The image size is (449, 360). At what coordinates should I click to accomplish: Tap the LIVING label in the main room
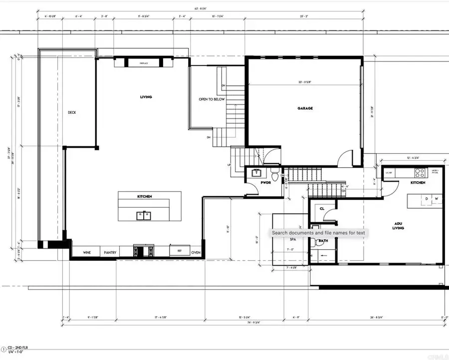click(146, 97)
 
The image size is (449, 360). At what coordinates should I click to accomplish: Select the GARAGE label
click(305, 108)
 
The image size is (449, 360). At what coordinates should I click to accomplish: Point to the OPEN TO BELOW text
click(212, 99)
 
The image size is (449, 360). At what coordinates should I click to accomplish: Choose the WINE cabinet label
click(86, 253)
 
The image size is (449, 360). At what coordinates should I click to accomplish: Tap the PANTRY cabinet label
click(110, 253)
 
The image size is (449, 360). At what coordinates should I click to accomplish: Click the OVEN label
click(196, 253)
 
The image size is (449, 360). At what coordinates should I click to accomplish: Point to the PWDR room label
click(265, 183)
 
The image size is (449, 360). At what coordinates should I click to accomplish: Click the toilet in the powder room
click(274, 175)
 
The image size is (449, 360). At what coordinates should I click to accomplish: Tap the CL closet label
click(322, 209)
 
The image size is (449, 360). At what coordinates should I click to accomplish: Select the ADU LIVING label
click(398, 226)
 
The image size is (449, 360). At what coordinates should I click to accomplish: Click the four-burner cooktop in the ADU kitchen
click(419, 173)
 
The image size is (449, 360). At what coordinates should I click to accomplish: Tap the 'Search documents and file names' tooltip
click(318, 233)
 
